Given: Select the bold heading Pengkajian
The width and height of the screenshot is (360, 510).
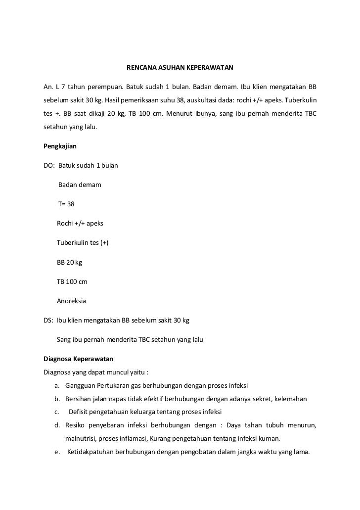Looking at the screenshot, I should point(60,146).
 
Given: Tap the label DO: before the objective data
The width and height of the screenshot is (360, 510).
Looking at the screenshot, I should point(49,165).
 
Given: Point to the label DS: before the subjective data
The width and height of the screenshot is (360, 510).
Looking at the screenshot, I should point(48,320).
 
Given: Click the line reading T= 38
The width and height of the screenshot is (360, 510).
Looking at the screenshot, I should point(66,204).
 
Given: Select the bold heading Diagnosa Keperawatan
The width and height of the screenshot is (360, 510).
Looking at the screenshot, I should point(79,359).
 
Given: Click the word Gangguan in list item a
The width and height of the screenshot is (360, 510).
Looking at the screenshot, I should point(79,385).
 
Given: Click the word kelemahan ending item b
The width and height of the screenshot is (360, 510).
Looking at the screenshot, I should point(291,399).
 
